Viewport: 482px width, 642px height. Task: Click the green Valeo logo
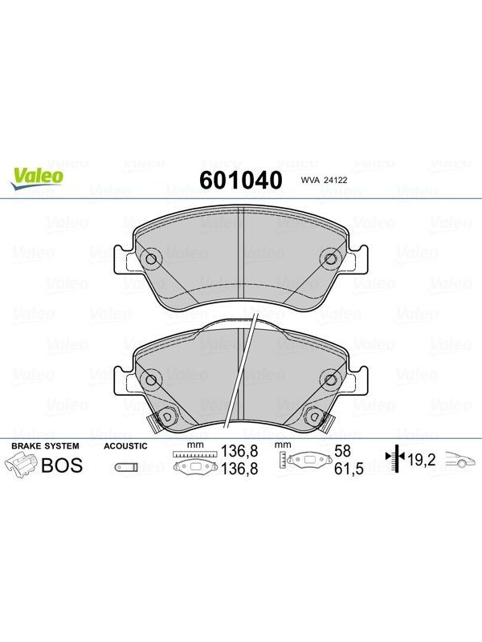tap(37, 179)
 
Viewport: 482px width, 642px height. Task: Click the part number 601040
tap(241, 180)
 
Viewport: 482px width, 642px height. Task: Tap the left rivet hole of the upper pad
tap(151, 258)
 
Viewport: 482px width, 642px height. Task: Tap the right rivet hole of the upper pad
tap(331, 258)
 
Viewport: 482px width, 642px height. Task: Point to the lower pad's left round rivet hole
tap(151, 380)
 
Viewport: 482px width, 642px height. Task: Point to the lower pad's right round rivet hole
tap(331, 380)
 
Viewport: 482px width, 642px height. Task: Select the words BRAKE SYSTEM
tap(45, 446)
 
